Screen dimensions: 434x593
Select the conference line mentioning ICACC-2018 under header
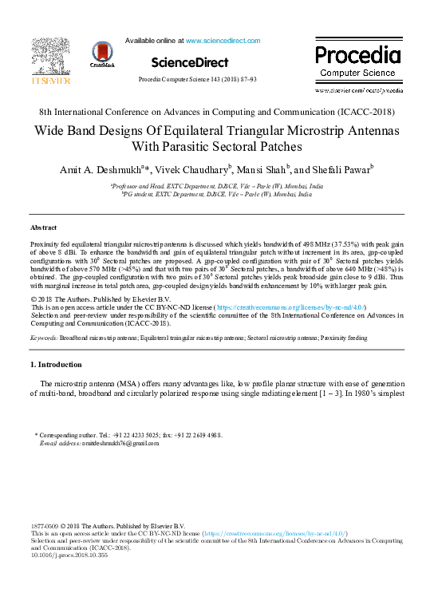tap(216, 113)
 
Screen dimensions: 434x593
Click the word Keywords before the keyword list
tap(43, 338)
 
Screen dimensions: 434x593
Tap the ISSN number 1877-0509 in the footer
tap(45, 527)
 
